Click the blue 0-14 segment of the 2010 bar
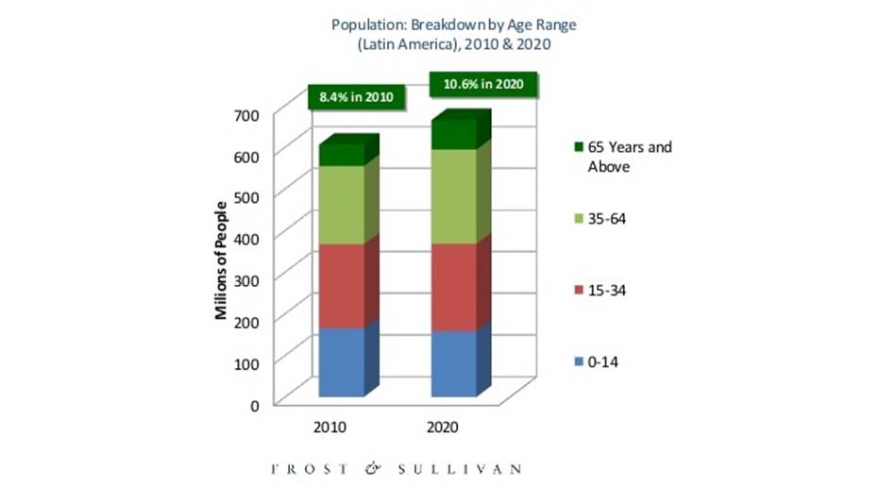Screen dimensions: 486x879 tap(341, 361)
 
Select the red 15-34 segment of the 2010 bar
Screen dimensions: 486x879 tap(341, 285)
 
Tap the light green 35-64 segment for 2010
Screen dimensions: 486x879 tap(341, 205)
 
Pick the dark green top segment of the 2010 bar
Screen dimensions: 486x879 tap(341, 156)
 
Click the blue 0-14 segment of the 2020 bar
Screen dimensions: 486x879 tap(454, 363)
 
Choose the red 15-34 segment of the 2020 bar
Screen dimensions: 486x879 tap(454, 287)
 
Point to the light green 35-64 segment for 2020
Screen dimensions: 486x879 tap(454, 195)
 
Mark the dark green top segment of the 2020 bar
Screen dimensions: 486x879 tap(454, 135)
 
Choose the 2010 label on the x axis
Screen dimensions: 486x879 tap(330, 427)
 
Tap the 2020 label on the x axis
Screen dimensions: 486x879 tap(442, 427)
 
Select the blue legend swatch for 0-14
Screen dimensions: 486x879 tap(576, 361)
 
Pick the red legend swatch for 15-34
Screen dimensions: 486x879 tap(576, 290)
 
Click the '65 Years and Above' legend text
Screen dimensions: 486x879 tap(629, 157)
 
